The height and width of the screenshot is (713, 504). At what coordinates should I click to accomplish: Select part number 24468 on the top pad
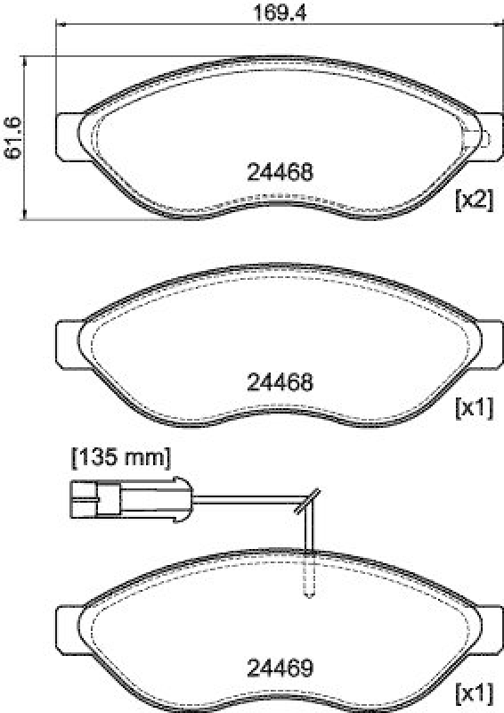279,172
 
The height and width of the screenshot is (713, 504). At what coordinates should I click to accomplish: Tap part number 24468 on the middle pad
279,382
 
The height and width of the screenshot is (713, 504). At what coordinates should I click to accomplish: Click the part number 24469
279,667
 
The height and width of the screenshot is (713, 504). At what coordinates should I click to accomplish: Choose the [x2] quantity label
473,200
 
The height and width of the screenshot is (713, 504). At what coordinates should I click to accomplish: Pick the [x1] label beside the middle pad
473,408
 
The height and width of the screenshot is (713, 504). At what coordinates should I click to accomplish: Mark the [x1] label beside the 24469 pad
473,692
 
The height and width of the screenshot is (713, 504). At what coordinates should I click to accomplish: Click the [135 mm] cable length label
120,458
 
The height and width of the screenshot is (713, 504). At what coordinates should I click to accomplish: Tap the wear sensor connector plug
93,500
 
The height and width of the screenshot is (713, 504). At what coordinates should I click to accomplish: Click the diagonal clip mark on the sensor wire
307,504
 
